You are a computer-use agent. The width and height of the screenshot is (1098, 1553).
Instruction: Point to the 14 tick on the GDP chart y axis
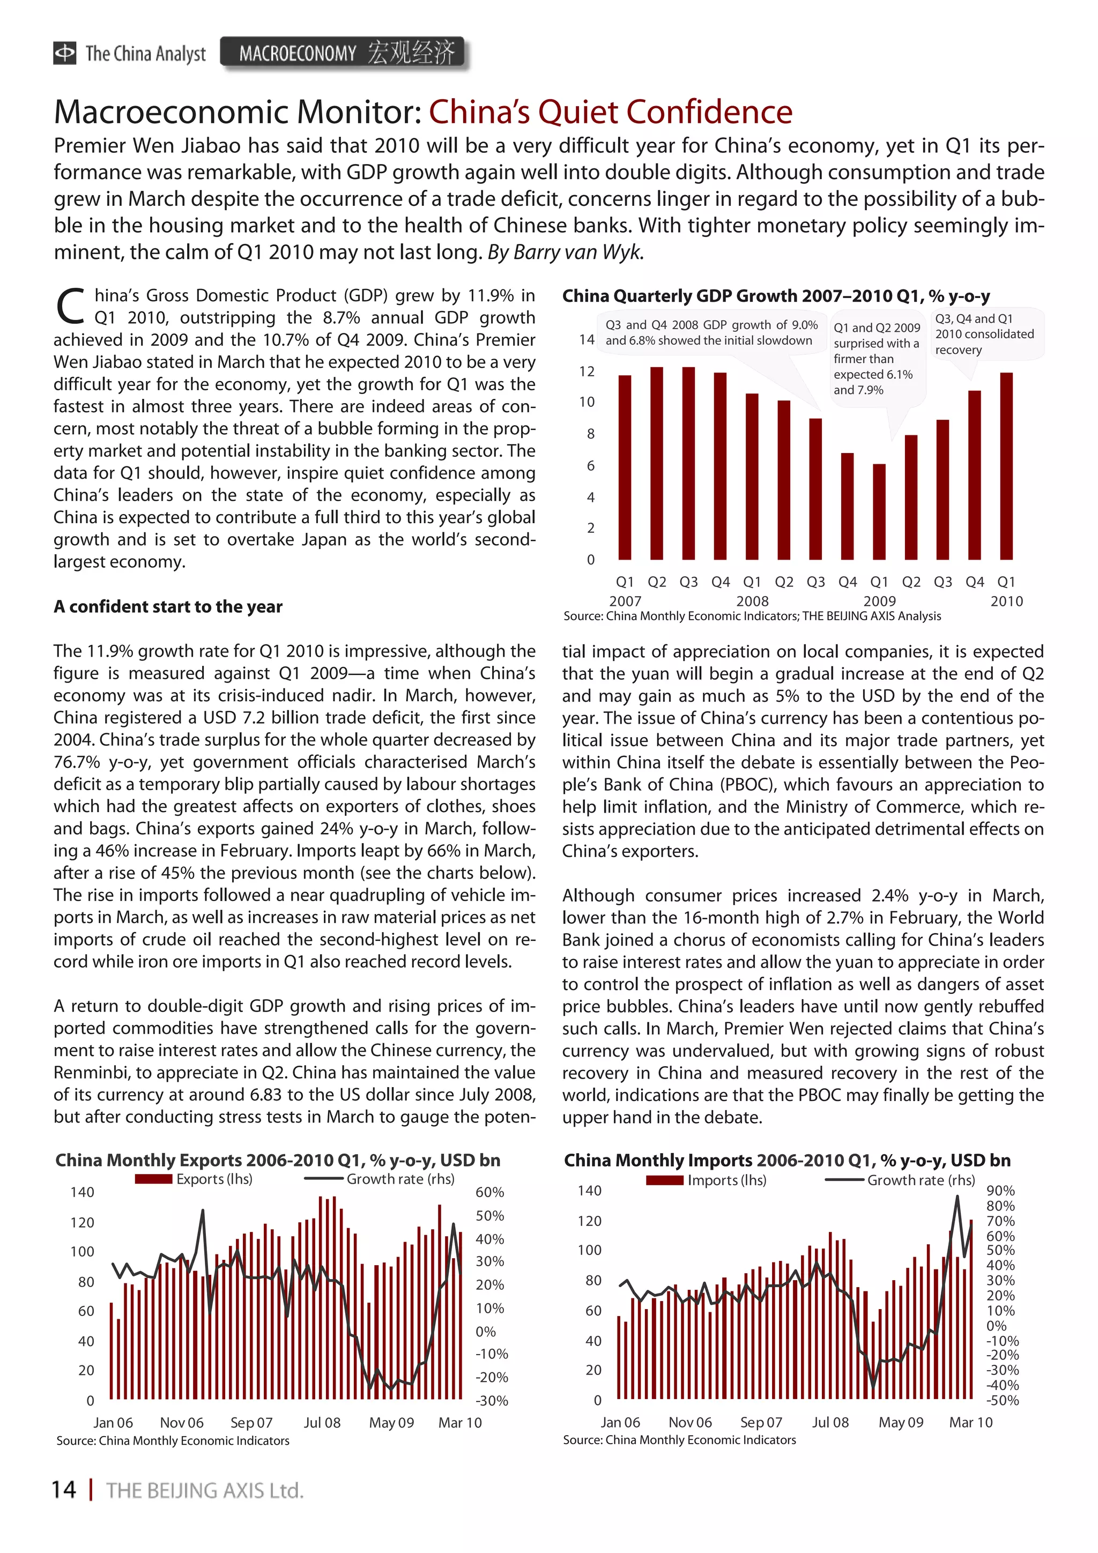587,339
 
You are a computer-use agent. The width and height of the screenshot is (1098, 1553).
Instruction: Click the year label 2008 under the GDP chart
752,600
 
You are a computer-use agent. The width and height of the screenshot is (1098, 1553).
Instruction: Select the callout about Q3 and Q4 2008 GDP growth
711,333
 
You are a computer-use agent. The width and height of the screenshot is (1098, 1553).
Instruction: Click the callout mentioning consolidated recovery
984,334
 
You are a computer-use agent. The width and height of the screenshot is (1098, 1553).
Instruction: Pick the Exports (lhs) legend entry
194,1179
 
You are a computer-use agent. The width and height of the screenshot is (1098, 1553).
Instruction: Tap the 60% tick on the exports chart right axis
490,1192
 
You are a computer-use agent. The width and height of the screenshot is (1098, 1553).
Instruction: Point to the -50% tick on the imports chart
1002,1401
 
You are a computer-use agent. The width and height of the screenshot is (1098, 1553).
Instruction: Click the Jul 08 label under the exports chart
322,1422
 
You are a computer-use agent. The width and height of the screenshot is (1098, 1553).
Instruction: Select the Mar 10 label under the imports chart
970,1422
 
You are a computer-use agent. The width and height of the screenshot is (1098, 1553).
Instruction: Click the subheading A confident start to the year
168,607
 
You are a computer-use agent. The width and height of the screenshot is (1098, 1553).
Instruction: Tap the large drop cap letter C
69,307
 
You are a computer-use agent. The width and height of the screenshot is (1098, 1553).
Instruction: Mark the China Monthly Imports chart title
787,1160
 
